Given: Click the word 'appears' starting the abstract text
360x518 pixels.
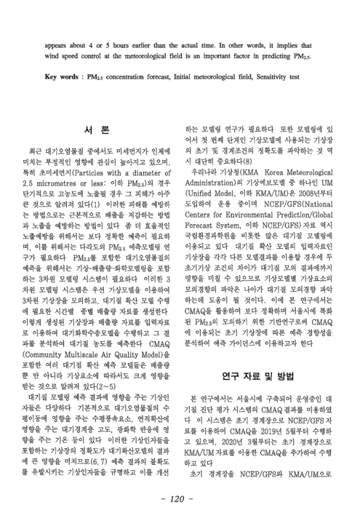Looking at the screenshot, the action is tap(59, 46).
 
